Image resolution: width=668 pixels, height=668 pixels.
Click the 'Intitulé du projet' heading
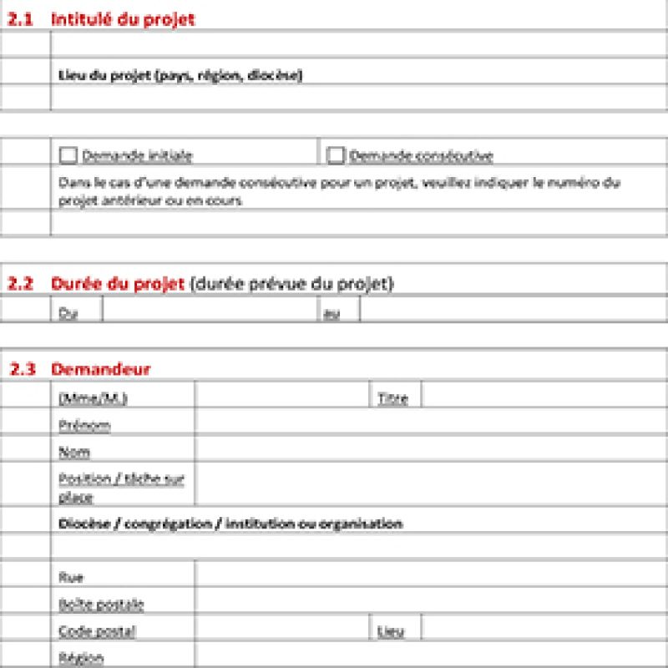tap(123, 19)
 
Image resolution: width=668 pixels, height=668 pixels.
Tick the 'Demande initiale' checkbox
tap(68, 155)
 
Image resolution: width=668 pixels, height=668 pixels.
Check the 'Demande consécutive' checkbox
tap(336, 155)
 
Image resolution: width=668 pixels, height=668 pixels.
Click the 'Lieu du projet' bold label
tap(180, 76)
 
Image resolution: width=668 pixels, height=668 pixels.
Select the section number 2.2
tap(20, 284)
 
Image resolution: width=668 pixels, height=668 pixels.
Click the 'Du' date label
tap(68, 313)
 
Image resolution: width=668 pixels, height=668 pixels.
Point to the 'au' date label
tap(331, 313)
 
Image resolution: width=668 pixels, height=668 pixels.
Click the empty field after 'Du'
tap(209, 311)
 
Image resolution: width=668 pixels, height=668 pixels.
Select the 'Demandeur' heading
tap(100, 369)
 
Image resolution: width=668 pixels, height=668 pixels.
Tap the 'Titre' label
tap(392, 398)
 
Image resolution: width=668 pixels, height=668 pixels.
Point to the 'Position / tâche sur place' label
tap(121, 488)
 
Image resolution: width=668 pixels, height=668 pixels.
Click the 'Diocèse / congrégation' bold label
tap(230, 524)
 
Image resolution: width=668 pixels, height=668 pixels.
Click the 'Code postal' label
tap(97, 631)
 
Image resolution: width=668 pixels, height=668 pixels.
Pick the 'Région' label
tap(81, 658)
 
